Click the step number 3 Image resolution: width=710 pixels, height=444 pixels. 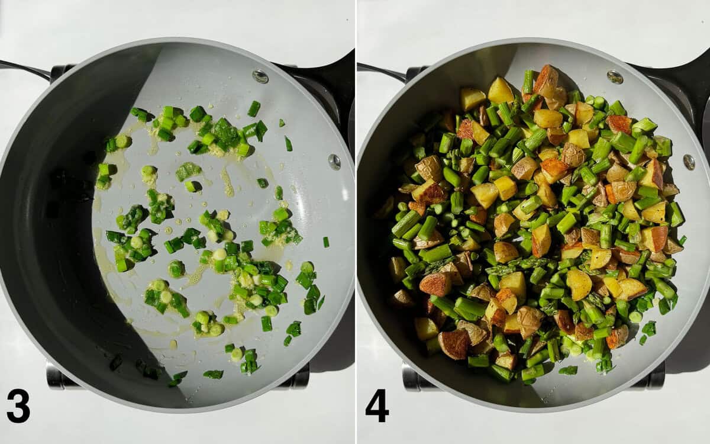[18, 406]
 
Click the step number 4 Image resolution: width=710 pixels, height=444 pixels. [377, 406]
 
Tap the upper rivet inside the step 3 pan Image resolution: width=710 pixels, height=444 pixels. [260, 76]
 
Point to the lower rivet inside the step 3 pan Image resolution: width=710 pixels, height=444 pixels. [334, 162]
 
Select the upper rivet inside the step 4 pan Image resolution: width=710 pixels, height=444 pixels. [615, 77]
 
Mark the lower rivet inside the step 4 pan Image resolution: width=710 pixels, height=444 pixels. [689, 162]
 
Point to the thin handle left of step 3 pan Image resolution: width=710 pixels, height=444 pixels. [24, 69]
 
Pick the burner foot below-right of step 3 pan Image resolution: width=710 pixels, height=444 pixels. [299, 378]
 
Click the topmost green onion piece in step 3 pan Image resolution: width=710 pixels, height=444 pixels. [254, 108]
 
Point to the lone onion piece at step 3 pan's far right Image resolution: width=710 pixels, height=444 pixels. [326, 242]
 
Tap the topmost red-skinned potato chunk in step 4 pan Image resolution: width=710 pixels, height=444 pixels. [546, 80]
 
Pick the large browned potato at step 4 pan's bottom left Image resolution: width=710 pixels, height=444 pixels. [454, 344]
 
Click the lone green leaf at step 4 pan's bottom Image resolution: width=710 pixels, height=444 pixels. [568, 371]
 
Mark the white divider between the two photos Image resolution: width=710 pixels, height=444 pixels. [356, 222]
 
